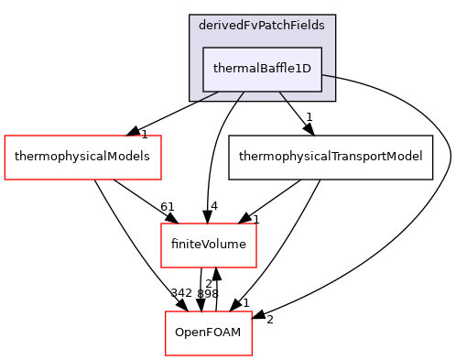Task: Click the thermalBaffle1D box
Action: click(x=262, y=69)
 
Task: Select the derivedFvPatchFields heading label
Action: click(x=262, y=26)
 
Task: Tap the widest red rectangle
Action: click(x=82, y=158)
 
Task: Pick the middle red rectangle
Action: click(x=209, y=245)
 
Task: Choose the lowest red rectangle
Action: click(x=209, y=333)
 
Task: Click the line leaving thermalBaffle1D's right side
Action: click(x=328, y=76)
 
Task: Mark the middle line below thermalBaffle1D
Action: click(x=241, y=95)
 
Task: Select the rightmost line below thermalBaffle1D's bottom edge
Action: click(x=283, y=95)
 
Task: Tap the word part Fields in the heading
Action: click(x=308, y=26)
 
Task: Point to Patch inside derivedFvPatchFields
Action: click(x=274, y=26)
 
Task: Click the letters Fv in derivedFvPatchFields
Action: click(x=249, y=26)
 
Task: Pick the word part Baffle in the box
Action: click(x=276, y=69)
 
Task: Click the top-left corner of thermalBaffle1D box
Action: click(x=203, y=48)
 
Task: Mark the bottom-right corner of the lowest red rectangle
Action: click(x=252, y=355)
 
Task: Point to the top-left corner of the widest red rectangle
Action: click(x=5, y=136)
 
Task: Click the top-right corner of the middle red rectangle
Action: click(x=256, y=224)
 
